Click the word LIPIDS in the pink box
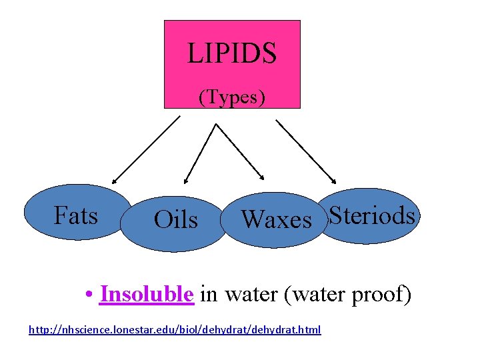(232, 53)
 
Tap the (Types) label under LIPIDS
(232, 97)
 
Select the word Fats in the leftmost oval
(76, 216)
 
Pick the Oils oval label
(175, 220)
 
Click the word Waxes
(277, 219)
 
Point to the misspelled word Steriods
(372, 215)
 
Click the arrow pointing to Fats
(146, 149)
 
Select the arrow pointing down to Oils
(199, 153)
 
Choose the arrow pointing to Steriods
(306, 151)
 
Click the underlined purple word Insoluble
(147, 294)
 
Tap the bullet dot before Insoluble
(89, 295)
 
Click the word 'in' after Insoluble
(209, 294)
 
